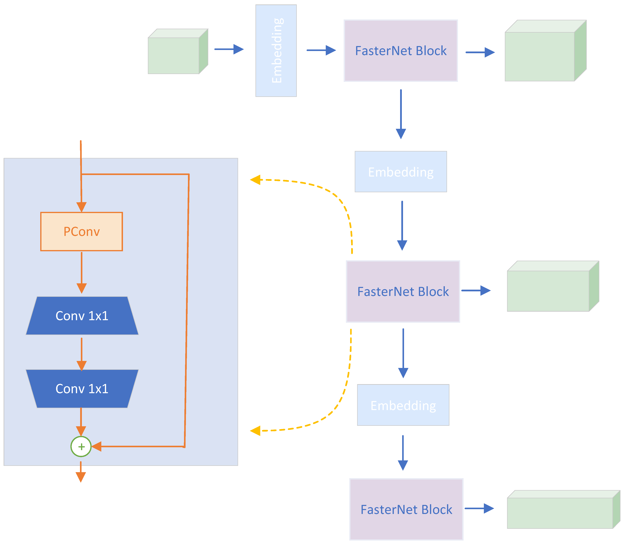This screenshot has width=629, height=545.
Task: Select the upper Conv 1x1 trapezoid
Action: [82, 316]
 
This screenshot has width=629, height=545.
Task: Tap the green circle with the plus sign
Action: [81, 446]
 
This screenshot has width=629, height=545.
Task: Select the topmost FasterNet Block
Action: [400, 50]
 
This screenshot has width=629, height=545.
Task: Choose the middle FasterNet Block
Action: [403, 291]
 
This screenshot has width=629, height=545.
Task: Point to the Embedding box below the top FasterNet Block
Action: [401, 172]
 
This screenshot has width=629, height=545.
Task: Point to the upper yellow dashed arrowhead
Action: [255, 180]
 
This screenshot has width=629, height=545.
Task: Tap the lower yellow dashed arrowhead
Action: [255, 431]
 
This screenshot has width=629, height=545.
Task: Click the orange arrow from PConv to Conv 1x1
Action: [82, 272]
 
